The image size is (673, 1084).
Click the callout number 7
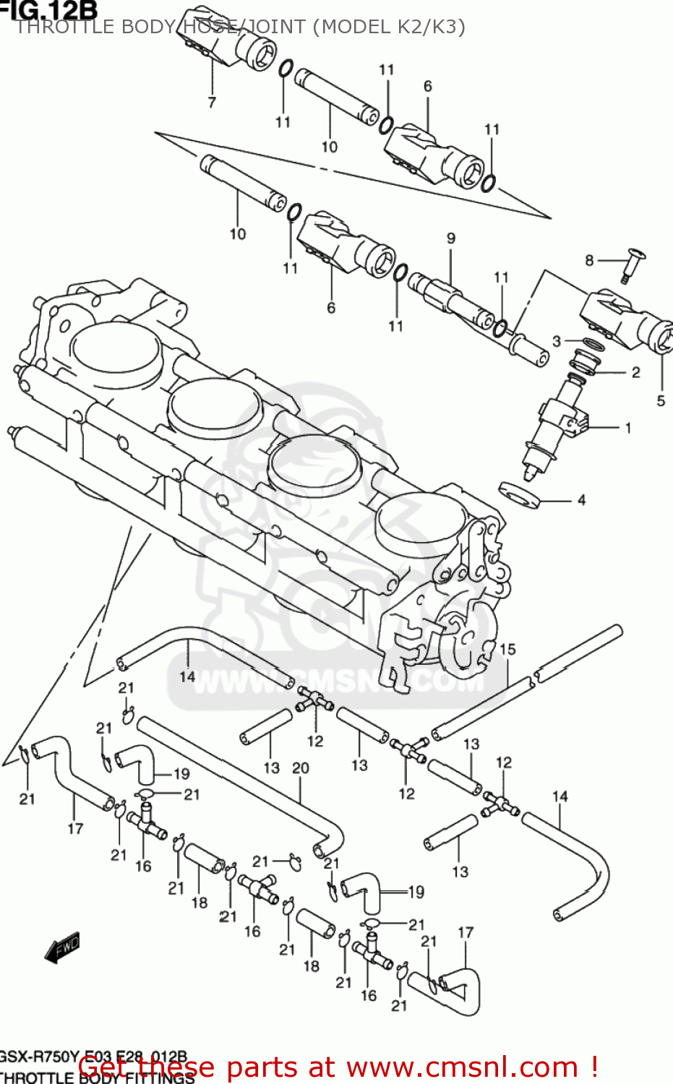pos(212,103)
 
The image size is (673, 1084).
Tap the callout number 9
pos(451,238)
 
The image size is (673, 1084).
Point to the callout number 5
pos(661,400)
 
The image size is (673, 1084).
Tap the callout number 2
pos(636,373)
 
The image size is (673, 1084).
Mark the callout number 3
pos(557,341)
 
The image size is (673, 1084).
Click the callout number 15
pos(507,649)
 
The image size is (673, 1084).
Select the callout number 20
pos(301,768)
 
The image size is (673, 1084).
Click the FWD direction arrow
pos(62,948)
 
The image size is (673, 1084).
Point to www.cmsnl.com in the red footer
pos(462,1067)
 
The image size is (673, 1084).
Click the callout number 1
pos(628,428)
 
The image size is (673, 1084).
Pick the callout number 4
pos(581,500)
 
